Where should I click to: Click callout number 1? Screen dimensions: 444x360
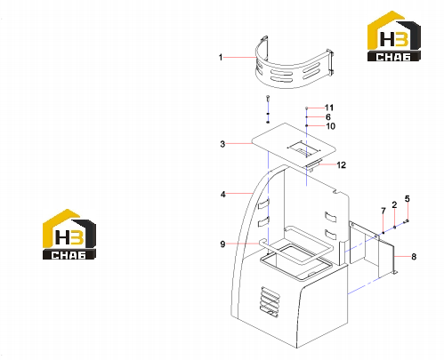(221, 57)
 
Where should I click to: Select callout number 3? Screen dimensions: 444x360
(222, 144)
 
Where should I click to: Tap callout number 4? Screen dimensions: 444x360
(223, 195)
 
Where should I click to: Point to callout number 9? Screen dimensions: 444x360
(222, 244)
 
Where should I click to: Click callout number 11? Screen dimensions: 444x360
(329, 108)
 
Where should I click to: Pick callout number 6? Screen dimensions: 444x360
(328, 117)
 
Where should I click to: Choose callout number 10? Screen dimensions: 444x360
(331, 126)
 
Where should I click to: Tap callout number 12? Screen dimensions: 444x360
(342, 165)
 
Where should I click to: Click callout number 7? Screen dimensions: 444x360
(383, 211)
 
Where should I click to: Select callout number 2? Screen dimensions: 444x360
(394, 204)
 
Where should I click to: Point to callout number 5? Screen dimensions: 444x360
(408, 199)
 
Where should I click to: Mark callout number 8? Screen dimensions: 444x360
(414, 257)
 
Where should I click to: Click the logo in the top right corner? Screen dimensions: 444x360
(394, 36)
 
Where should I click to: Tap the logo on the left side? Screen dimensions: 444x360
(69, 235)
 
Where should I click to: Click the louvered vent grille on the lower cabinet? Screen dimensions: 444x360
(270, 301)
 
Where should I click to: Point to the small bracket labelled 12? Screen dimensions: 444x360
(314, 164)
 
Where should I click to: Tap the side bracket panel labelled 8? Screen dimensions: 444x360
(373, 249)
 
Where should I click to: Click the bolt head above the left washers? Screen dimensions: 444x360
(268, 97)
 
